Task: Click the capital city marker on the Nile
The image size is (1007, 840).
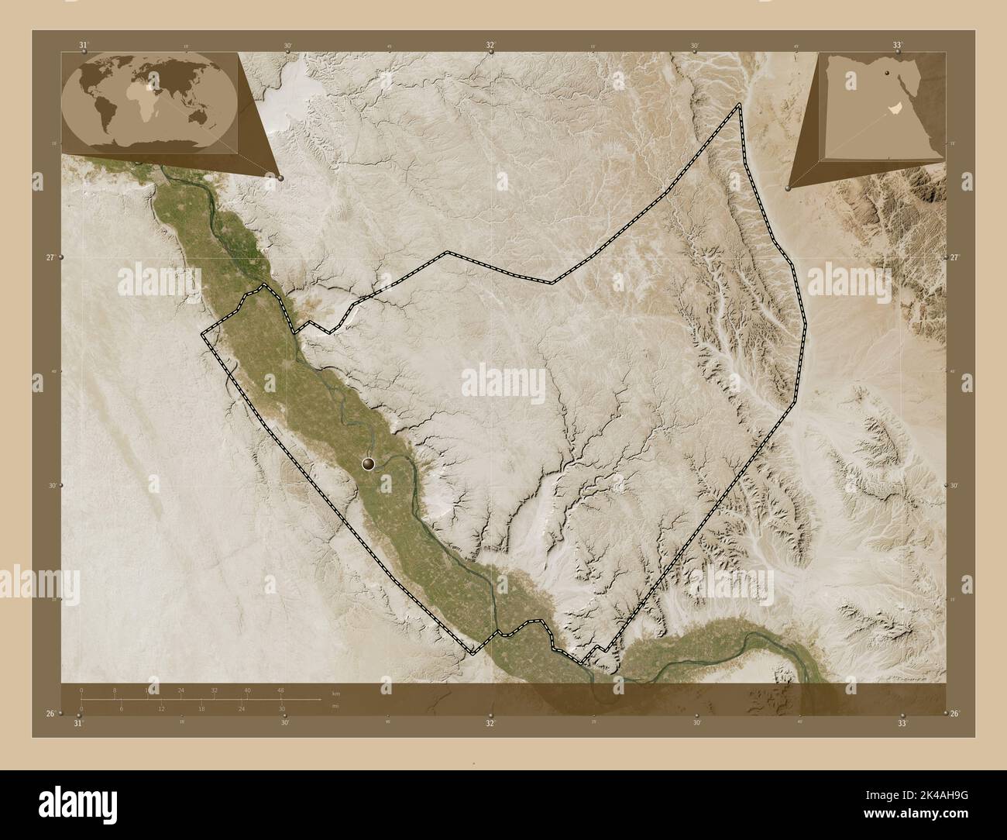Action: [x=368, y=463]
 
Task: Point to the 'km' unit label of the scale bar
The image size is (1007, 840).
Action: [x=335, y=694]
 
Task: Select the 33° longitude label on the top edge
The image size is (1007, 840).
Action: [x=896, y=46]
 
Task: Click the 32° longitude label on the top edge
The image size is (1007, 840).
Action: [x=491, y=46]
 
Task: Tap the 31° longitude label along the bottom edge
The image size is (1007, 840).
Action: [x=77, y=723]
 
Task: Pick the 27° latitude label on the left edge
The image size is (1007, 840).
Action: [x=51, y=257]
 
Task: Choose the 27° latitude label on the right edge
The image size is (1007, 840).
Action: [x=955, y=257]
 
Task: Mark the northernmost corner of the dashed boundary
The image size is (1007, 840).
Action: [x=740, y=104]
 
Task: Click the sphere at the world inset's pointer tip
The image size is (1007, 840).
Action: [x=280, y=178]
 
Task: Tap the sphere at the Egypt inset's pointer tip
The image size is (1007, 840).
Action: [x=788, y=188]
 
